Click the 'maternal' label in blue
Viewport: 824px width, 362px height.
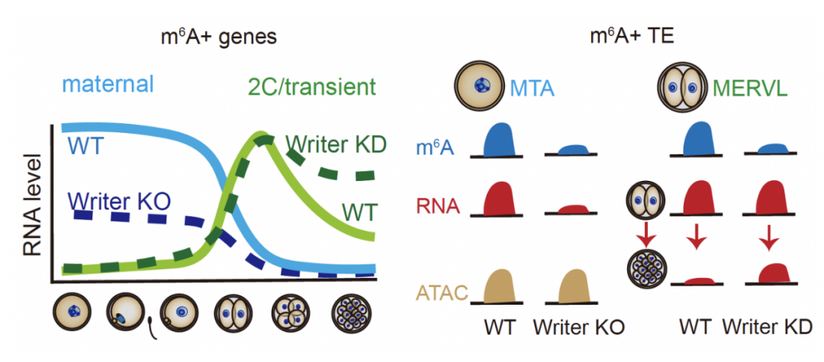tap(108, 83)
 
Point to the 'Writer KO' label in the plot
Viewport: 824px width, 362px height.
tap(117, 201)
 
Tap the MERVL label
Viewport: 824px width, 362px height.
tap(750, 89)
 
